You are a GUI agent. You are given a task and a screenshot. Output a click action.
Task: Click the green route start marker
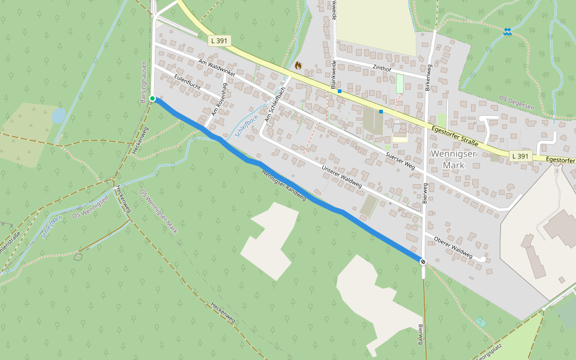tap(152, 98)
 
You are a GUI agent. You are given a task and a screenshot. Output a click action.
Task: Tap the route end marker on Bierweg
tap(423, 262)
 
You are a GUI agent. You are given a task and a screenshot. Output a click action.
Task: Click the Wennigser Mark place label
tap(453, 159)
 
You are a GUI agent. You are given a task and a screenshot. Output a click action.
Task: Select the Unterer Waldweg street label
tap(341, 175)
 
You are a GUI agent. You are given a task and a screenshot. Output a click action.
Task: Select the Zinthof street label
tap(382, 68)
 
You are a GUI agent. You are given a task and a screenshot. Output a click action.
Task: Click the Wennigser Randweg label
tap(284, 185)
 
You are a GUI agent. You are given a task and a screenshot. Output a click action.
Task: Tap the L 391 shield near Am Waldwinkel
tap(220, 41)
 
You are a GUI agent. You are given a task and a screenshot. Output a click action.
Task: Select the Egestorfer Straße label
tap(455, 135)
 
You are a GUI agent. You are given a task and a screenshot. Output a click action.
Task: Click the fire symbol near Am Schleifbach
tap(298, 65)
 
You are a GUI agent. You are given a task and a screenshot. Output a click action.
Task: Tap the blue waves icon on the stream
tap(508, 31)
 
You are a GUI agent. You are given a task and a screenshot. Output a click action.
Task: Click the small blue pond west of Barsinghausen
tap(59, 115)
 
